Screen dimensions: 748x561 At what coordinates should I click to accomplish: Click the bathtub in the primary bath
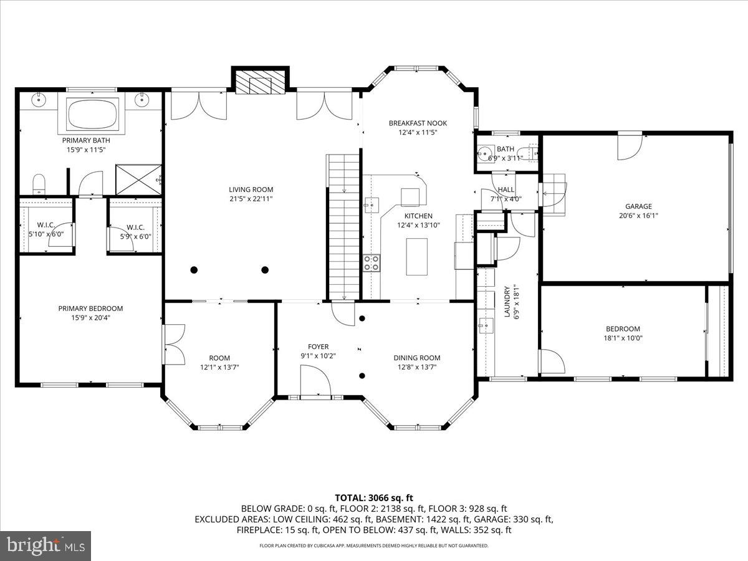point(93,114)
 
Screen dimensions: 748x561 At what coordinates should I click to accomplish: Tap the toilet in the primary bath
point(39,184)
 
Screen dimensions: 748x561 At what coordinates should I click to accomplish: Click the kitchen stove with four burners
point(372,263)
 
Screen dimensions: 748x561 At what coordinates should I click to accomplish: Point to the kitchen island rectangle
point(417,256)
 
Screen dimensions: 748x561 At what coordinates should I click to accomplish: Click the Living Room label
point(251,189)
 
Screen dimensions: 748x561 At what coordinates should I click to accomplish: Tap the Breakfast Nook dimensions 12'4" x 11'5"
point(418,132)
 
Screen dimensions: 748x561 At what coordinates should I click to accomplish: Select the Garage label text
point(638,206)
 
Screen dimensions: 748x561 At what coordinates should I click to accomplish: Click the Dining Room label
point(417,358)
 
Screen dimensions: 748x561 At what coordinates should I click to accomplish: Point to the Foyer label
point(319,347)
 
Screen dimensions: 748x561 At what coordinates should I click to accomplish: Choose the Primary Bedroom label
point(90,309)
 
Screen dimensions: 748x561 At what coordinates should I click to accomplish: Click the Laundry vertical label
point(507,302)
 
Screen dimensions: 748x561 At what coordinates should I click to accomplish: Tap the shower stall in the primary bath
point(138,180)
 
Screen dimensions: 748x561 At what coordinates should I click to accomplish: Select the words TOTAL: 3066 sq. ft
point(374,497)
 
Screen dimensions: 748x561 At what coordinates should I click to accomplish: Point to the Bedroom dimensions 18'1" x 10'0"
point(623,338)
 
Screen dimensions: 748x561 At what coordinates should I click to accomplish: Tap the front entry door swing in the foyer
point(315,380)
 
